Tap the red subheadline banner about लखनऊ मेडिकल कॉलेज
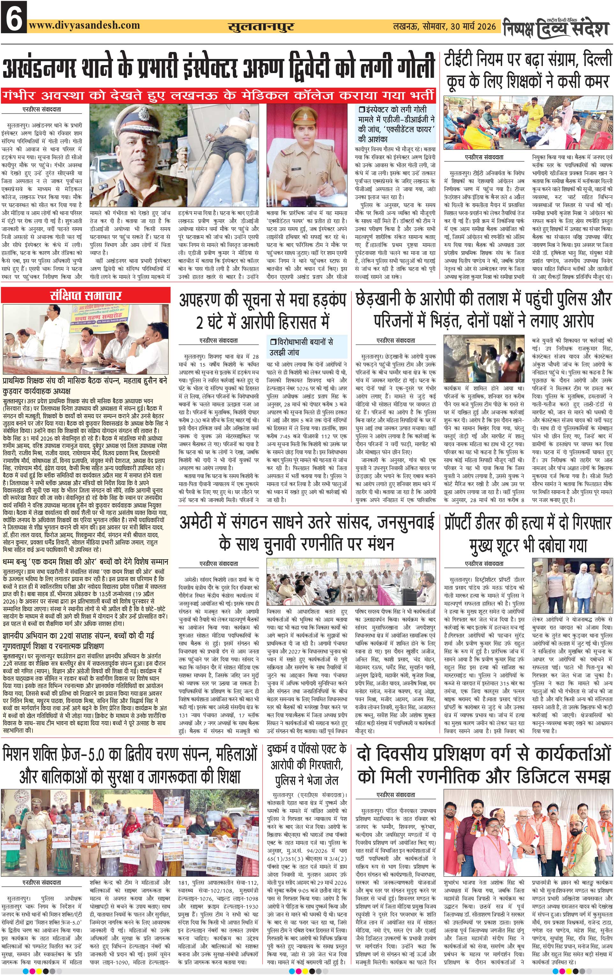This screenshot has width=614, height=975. click(219, 96)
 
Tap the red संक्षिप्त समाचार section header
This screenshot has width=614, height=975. click(86, 295)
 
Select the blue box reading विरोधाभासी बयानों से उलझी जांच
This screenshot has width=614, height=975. click(307, 347)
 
